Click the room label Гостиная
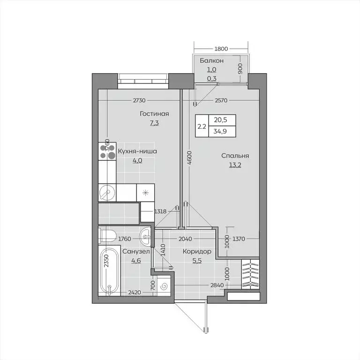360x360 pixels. click(154, 114)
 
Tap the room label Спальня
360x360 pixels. click(236, 156)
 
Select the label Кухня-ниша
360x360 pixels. click(137, 151)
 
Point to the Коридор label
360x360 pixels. click(197, 252)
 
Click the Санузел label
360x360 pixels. click(136, 252)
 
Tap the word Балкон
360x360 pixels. click(211, 61)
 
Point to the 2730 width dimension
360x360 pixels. click(139, 100)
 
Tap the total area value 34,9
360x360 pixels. click(218, 132)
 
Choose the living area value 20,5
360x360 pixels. click(218, 120)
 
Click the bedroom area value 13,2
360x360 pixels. click(236, 165)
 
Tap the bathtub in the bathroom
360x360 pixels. click(108, 271)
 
